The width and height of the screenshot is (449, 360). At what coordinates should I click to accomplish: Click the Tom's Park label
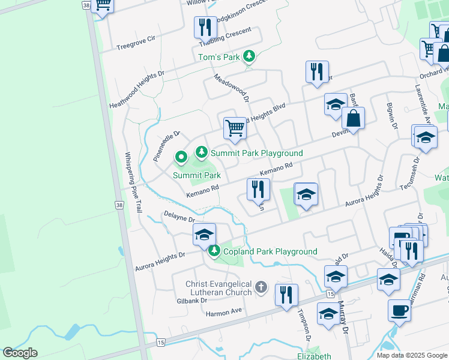click(x=219, y=58)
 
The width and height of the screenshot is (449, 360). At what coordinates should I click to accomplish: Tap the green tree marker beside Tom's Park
click(x=249, y=57)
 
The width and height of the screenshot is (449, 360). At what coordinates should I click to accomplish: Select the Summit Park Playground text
click(x=256, y=154)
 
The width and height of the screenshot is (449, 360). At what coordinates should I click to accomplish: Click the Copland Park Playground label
click(x=270, y=251)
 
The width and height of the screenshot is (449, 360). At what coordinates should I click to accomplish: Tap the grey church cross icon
click(x=261, y=287)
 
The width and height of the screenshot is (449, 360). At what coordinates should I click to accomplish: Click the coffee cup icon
click(x=399, y=310)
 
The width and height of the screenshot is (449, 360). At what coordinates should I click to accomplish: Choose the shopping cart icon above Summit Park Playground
click(x=235, y=128)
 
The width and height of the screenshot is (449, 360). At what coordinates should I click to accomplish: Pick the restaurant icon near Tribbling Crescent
click(x=205, y=28)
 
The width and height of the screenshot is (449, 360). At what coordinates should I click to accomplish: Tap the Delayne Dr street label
click(x=178, y=215)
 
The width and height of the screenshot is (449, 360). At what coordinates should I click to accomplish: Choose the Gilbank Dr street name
click(x=191, y=300)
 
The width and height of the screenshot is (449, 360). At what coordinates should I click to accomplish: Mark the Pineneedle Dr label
click(x=166, y=146)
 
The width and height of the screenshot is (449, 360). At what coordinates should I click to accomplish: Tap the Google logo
click(x=20, y=353)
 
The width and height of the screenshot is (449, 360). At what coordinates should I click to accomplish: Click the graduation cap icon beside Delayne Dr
click(x=204, y=235)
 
